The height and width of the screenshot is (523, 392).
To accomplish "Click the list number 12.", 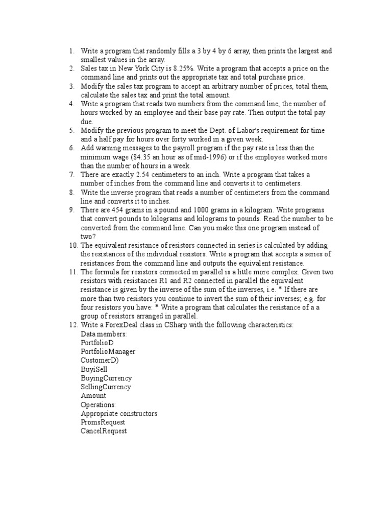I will pos(72,325).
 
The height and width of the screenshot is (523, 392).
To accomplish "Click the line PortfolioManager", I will pos(108,351).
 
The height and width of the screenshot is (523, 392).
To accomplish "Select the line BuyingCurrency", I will pos(106,378).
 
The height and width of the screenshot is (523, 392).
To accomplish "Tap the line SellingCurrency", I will pos(106,387).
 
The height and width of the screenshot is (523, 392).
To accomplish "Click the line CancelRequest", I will pos(104,431).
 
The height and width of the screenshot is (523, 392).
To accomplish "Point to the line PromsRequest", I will pos(103,422).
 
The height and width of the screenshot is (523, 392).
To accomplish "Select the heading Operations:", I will pos(98,405).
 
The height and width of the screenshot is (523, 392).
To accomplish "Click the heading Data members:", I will pos(104,334).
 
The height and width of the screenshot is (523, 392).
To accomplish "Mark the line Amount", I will pos(93,395).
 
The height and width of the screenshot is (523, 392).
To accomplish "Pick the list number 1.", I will pos(72,51).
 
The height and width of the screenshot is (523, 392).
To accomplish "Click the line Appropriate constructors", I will pos(119,413).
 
